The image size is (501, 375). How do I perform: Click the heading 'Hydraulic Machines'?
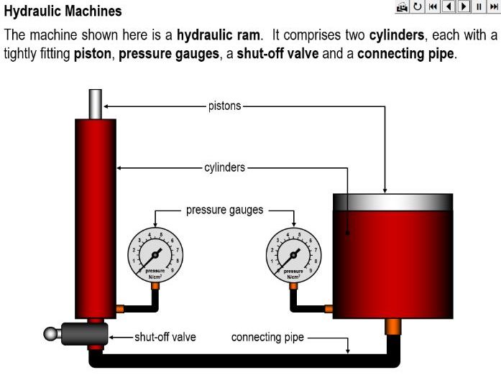(63, 12)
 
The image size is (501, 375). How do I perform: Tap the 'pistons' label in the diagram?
(224, 106)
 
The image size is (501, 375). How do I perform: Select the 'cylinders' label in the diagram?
(224, 167)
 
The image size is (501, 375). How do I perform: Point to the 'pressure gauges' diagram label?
(225, 210)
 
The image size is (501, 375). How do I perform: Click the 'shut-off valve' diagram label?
(165, 337)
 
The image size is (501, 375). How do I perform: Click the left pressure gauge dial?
(155, 254)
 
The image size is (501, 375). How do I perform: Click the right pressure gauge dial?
(293, 254)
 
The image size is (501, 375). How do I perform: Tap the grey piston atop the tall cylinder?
(96, 103)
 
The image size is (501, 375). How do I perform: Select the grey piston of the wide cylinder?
(392, 202)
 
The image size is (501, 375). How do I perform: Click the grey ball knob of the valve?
(50, 333)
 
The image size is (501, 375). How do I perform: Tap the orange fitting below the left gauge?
(155, 287)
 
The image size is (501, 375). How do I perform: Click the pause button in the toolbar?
(478, 7)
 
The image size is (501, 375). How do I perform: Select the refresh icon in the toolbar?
(418, 7)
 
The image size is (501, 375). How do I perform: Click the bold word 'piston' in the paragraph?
(92, 54)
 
